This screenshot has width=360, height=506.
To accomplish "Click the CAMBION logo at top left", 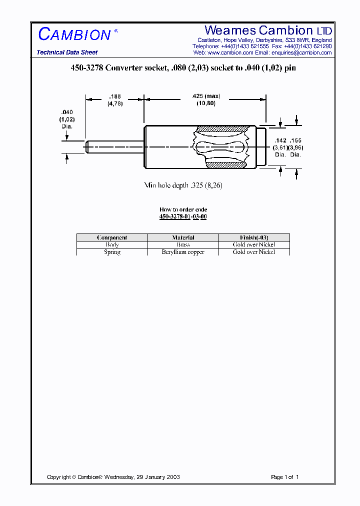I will (75, 34).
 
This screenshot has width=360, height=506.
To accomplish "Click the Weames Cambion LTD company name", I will (268, 30).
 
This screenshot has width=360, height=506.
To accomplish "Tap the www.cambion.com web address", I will (230, 52).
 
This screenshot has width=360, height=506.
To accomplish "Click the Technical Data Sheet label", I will (67, 52).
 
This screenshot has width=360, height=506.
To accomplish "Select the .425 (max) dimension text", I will (205, 96).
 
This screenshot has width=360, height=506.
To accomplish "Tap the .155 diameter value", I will (296, 141).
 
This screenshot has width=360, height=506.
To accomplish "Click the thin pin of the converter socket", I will (114, 146).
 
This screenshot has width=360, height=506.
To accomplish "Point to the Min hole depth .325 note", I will (183, 185).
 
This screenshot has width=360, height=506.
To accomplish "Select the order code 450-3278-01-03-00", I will (183, 216).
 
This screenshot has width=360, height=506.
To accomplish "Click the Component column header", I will (112, 237).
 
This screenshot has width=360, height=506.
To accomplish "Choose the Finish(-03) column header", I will (254, 237).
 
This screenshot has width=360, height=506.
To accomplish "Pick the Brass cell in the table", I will (183, 244).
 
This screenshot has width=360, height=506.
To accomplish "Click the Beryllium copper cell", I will (183, 252).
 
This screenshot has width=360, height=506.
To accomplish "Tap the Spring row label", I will (112, 252).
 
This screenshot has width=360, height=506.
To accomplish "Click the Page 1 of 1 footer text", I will (284, 477).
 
